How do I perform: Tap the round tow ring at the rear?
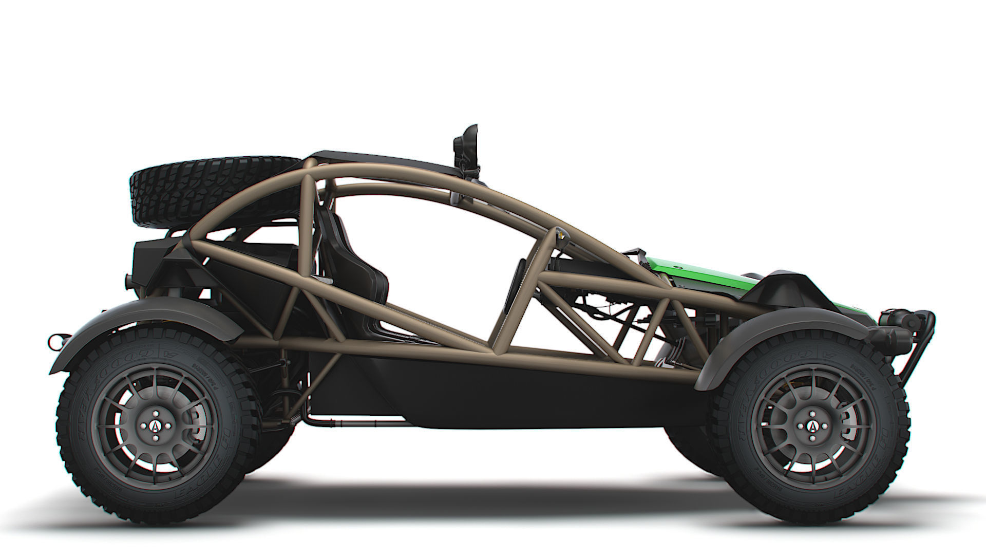[53, 341]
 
